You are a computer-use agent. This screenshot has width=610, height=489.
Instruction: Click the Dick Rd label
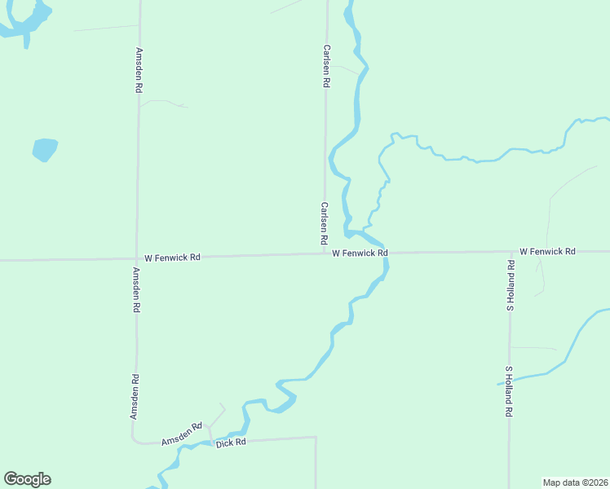(x=231, y=443)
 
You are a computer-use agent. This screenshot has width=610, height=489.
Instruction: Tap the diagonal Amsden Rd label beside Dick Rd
(x=181, y=434)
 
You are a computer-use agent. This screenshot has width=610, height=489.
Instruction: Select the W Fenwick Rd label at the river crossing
(x=360, y=253)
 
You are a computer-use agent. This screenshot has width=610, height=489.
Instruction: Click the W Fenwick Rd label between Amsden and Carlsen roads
(x=172, y=258)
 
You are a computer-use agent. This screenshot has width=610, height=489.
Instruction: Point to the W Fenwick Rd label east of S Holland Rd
(x=547, y=251)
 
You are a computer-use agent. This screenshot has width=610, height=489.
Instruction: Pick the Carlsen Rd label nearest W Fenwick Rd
(x=324, y=225)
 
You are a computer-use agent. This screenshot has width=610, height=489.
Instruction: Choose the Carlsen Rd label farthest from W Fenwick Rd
(x=326, y=66)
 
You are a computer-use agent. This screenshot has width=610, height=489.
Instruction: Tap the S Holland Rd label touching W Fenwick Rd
(x=511, y=285)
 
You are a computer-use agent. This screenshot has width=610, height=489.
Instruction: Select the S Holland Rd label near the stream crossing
(x=508, y=392)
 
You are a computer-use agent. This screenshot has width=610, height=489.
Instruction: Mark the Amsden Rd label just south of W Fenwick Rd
(x=137, y=289)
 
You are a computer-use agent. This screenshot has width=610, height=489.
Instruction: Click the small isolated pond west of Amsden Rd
(x=44, y=150)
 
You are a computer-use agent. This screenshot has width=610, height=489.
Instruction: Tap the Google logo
(x=27, y=479)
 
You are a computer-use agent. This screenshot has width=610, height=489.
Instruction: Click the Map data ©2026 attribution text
(x=575, y=482)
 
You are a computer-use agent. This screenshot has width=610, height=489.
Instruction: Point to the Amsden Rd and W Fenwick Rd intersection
(x=137, y=258)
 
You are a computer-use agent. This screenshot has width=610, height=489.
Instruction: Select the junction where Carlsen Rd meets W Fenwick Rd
(x=325, y=253)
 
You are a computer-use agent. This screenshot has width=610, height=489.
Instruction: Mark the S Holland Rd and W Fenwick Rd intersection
(x=511, y=252)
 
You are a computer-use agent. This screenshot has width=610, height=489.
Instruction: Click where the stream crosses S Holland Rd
(x=510, y=379)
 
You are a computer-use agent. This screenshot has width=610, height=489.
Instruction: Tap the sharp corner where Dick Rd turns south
(x=316, y=438)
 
